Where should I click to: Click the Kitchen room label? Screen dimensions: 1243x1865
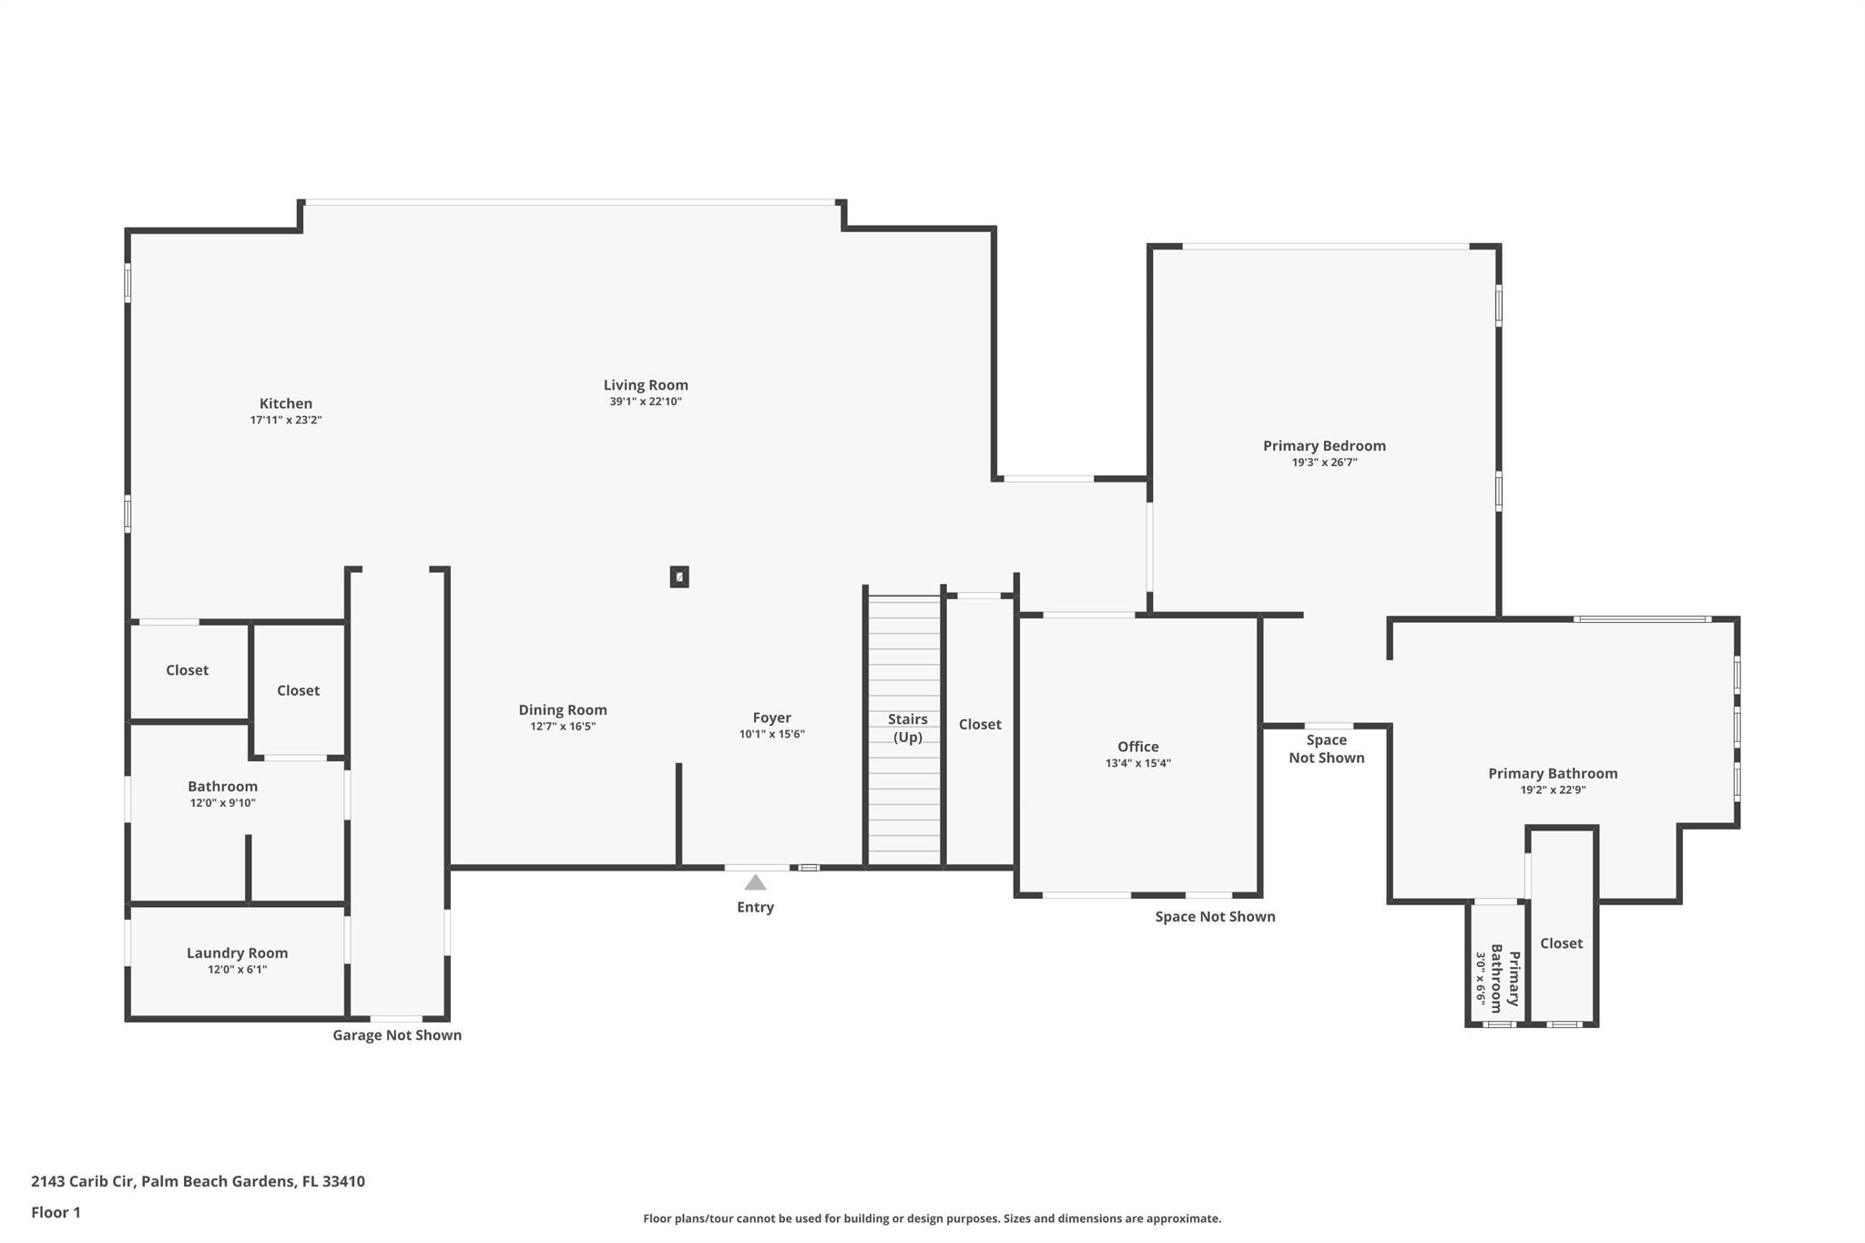pyautogui.click(x=285, y=403)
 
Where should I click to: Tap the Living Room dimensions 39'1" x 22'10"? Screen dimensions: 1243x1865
pyautogui.click(x=646, y=402)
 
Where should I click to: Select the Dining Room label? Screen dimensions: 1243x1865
pyautogui.click(x=563, y=710)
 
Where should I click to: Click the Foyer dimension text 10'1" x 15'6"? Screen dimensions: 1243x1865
pyautogui.click(x=771, y=734)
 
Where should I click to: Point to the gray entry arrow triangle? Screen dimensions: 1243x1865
pyautogui.click(x=755, y=882)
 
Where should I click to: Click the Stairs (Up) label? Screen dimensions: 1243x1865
pyautogui.click(x=907, y=728)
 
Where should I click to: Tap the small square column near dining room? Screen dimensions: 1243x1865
pyautogui.click(x=679, y=576)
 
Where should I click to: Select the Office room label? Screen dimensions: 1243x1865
pyautogui.click(x=1137, y=747)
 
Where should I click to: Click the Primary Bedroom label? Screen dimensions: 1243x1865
pyautogui.click(x=1324, y=446)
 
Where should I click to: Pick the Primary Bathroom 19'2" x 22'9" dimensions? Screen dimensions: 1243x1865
pyautogui.click(x=1553, y=790)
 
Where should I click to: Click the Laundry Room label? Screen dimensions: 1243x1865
pyautogui.click(x=237, y=953)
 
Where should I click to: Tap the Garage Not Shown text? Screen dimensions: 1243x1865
pyautogui.click(x=397, y=1035)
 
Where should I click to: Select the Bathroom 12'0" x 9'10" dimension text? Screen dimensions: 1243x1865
pyautogui.click(x=222, y=803)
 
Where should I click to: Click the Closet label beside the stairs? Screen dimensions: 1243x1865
pyautogui.click(x=980, y=724)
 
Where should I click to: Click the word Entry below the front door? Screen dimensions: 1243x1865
pyautogui.click(x=755, y=907)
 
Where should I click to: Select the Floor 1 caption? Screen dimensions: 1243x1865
pyautogui.click(x=56, y=1212)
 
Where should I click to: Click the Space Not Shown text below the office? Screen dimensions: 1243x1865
pyautogui.click(x=1215, y=917)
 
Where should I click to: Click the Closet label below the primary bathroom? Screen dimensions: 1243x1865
pyautogui.click(x=1561, y=943)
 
